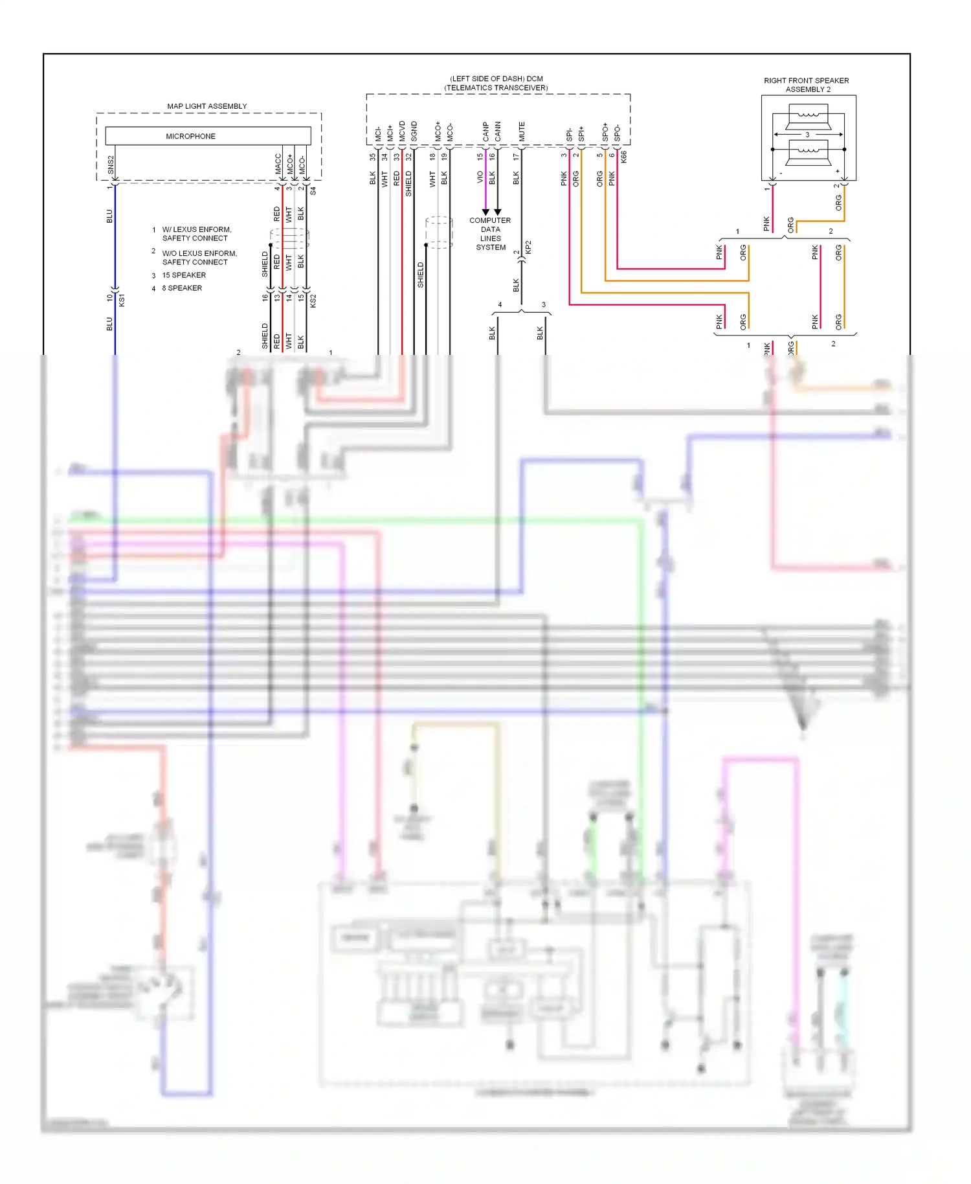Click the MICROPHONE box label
(x=190, y=136)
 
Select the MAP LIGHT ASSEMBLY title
(x=206, y=106)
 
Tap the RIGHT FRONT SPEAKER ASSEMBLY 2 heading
(x=806, y=85)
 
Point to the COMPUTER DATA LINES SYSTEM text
(x=490, y=234)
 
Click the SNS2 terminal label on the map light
(x=111, y=165)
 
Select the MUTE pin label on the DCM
(x=522, y=131)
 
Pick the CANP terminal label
(x=485, y=131)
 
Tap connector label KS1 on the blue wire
(x=122, y=300)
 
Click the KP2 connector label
(x=528, y=247)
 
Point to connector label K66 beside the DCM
(x=623, y=157)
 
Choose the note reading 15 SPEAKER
(x=184, y=275)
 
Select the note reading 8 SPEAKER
(x=182, y=288)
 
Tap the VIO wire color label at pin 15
(x=480, y=177)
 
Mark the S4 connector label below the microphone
(x=313, y=191)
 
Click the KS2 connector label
(x=313, y=301)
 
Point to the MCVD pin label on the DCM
(x=402, y=131)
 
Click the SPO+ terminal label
(x=605, y=132)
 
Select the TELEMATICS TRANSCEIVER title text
(x=496, y=88)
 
